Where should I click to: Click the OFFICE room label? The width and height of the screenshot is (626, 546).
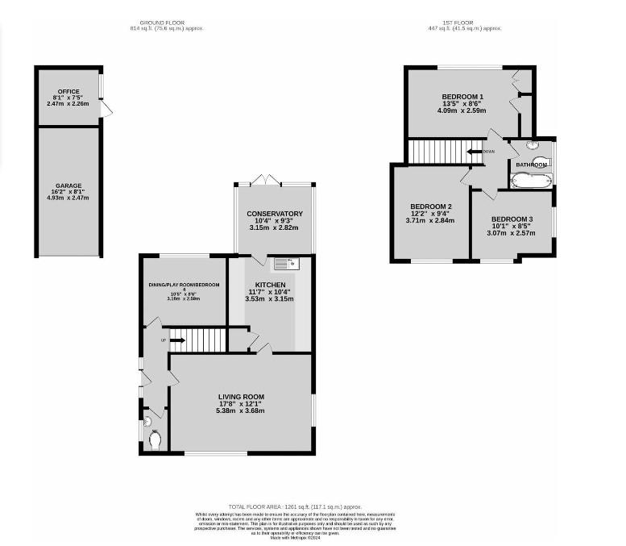[68, 91]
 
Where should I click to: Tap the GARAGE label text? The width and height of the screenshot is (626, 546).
[68, 185]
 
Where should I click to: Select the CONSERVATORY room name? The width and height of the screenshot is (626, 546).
[275, 214]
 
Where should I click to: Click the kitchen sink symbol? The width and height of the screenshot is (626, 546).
[285, 262]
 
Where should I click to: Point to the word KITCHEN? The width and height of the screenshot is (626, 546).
[269, 286]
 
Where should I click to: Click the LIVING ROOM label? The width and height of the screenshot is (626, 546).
[241, 397]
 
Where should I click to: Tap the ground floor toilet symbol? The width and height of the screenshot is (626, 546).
[155, 440]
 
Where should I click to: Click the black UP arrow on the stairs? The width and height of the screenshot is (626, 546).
[178, 340]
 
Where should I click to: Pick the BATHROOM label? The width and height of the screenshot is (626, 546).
[531, 165]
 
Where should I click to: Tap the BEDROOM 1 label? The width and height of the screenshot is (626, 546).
[462, 97]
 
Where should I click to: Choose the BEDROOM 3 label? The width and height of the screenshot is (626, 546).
[512, 219]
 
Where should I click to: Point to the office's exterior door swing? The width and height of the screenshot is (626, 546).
[105, 109]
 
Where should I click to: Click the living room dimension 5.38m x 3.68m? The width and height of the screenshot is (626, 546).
[241, 411]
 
